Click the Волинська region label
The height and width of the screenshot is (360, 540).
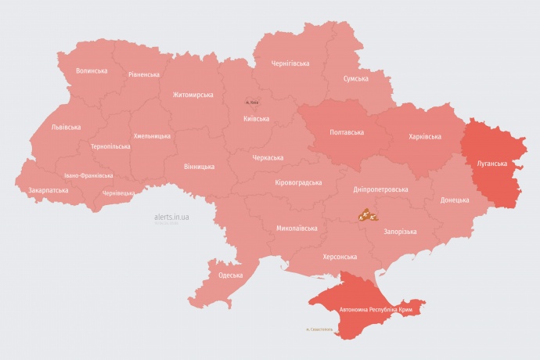pyautogui.click(x=92, y=70)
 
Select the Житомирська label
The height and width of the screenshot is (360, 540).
pyautogui.click(x=193, y=95)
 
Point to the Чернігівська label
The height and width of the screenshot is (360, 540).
pyautogui.click(x=290, y=63)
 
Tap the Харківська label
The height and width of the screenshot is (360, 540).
pyautogui.click(x=425, y=136)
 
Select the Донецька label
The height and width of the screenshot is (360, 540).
pyautogui.click(x=455, y=200)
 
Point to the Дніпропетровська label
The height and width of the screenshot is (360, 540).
pyautogui.click(x=380, y=189)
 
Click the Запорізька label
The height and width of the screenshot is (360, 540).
pyautogui.click(x=400, y=232)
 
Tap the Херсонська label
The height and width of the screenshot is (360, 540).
pyautogui.click(x=340, y=257)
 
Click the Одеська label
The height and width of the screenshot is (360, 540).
pyautogui.click(x=230, y=275)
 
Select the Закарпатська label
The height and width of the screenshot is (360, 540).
pyautogui.click(x=49, y=190)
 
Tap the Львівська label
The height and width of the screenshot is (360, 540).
pyautogui.click(x=66, y=127)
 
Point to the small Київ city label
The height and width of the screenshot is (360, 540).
pyautogui.click(x=252, y=103)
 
